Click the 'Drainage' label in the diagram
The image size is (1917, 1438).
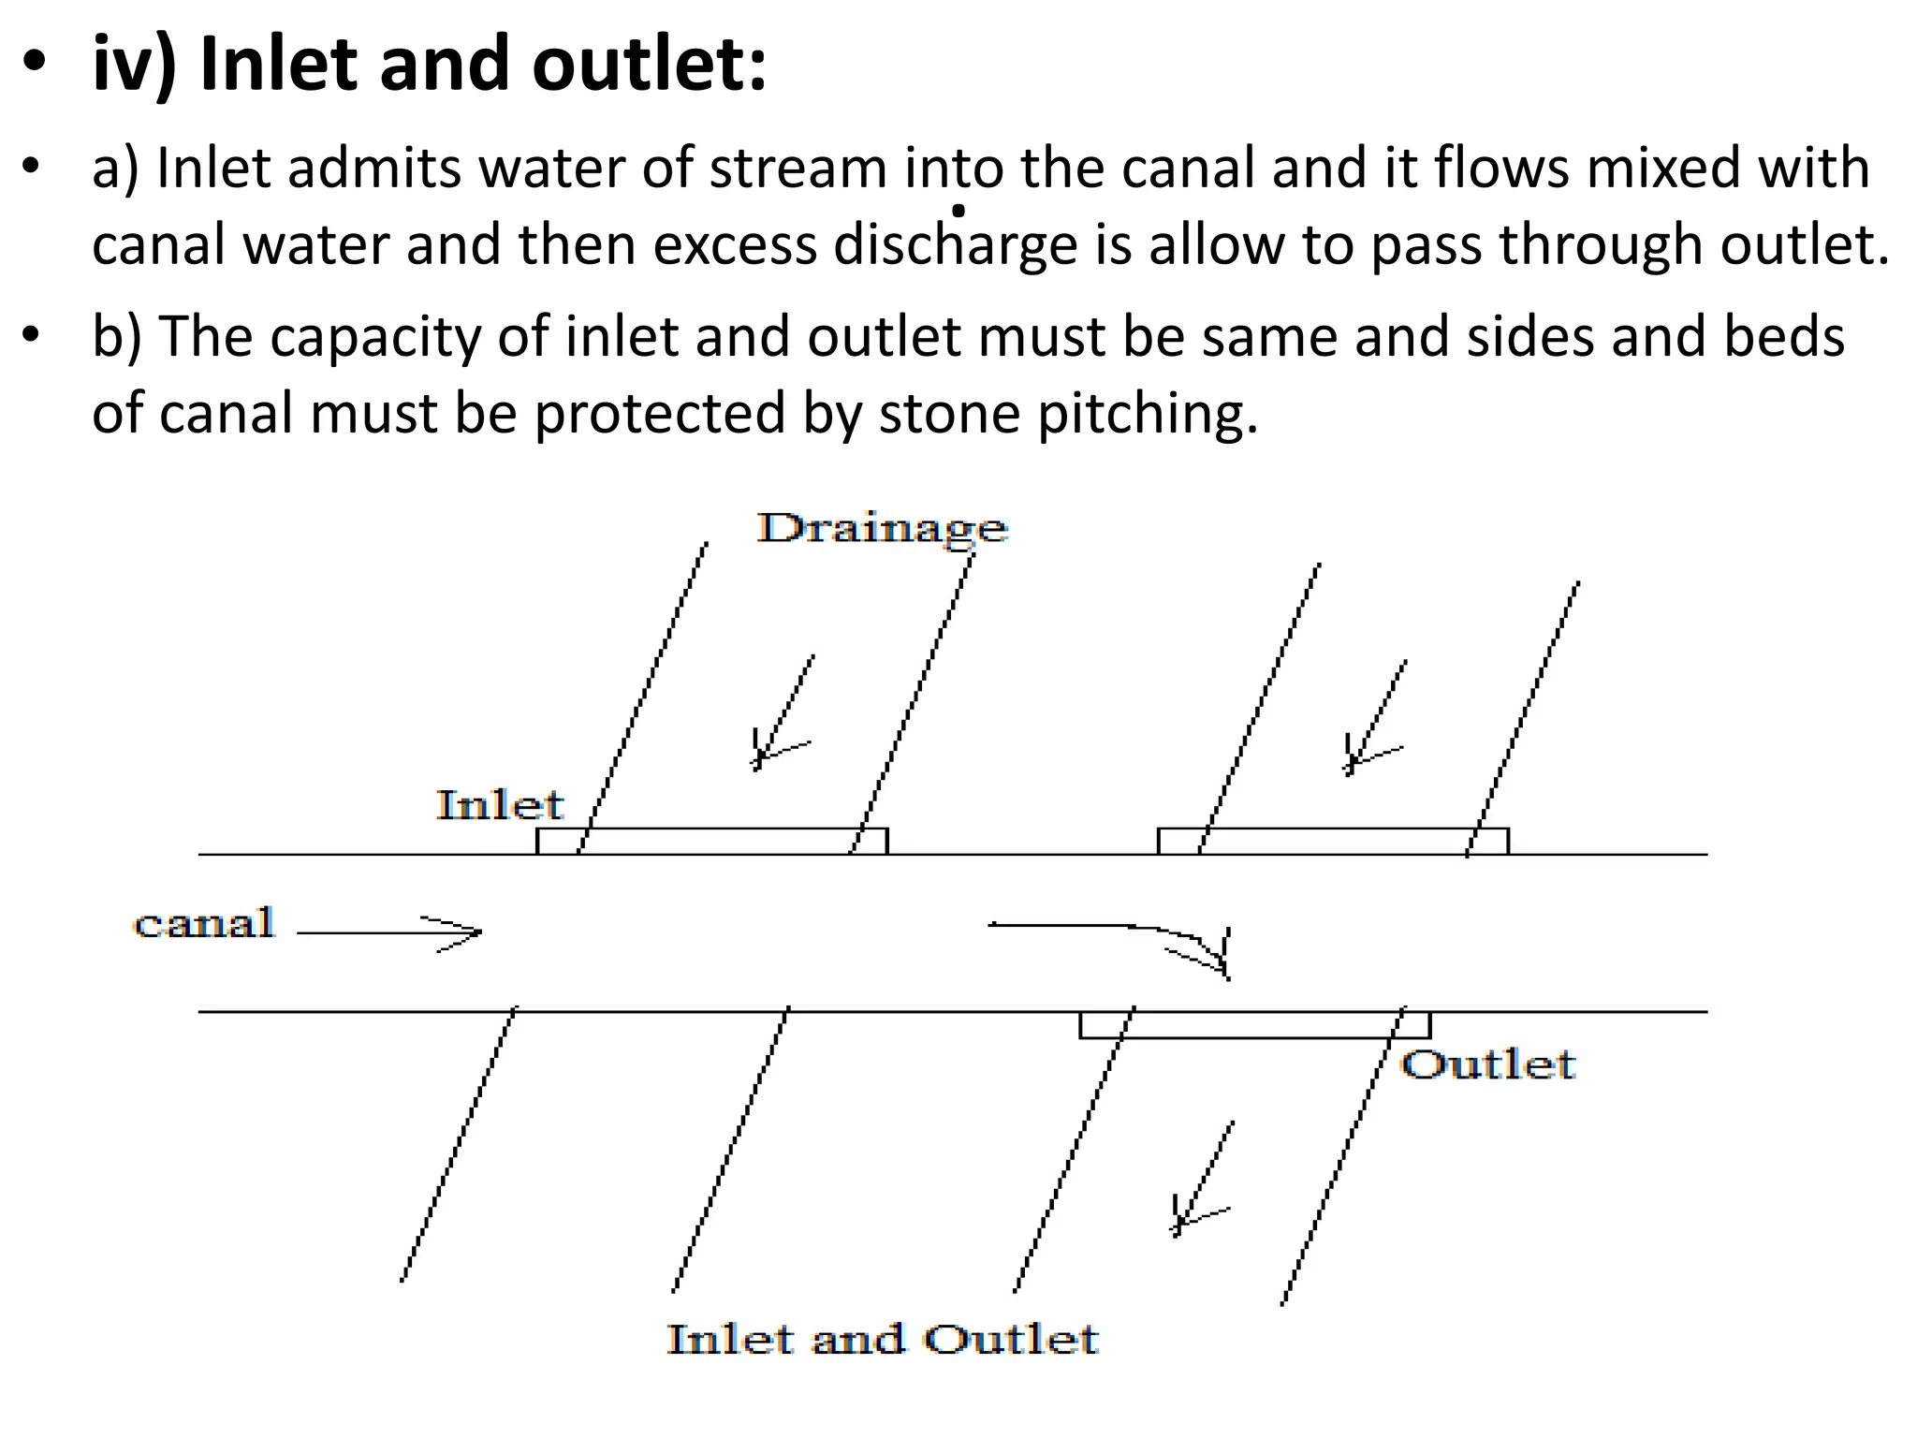tap(882, 529)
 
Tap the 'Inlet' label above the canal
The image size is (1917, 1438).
tap(500, 805)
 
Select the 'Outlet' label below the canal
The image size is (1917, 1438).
tap(1487, 1065)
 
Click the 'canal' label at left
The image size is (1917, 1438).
tap(204, 924)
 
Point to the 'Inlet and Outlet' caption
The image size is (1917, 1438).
tap(882, 1340)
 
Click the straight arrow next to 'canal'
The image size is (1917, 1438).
tap(388, 932)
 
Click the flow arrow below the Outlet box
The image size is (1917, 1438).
tap(1202, 1180)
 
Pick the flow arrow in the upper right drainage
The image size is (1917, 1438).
tap(1374, 719)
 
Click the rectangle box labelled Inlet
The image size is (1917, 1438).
tap(711, 842)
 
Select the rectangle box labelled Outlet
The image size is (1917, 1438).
tap(1254, 1025)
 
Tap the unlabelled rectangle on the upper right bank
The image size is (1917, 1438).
tap(1333, 842)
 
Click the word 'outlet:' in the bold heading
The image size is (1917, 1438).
tap(650, 66)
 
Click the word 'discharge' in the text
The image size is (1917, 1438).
tap(955, 245)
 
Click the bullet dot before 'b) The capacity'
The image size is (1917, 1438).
tap(33, 335)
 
